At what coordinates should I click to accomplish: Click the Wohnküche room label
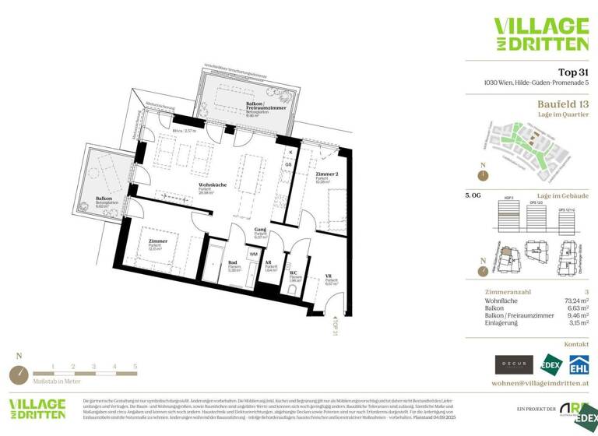[213, 185]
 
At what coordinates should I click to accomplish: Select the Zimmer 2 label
[326, 174]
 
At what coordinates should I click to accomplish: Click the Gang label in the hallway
[262, 230]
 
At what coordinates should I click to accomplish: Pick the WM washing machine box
[254, 254]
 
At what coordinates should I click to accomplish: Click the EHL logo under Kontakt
[579, 364]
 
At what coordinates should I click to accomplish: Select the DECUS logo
[514, 364]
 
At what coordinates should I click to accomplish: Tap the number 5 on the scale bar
[135, 365]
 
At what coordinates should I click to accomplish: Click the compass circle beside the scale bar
[19, 374]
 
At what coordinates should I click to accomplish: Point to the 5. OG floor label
[473, 196]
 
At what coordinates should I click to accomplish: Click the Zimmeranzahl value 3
[586, 290]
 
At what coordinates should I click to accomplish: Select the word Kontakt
[575, 343]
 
